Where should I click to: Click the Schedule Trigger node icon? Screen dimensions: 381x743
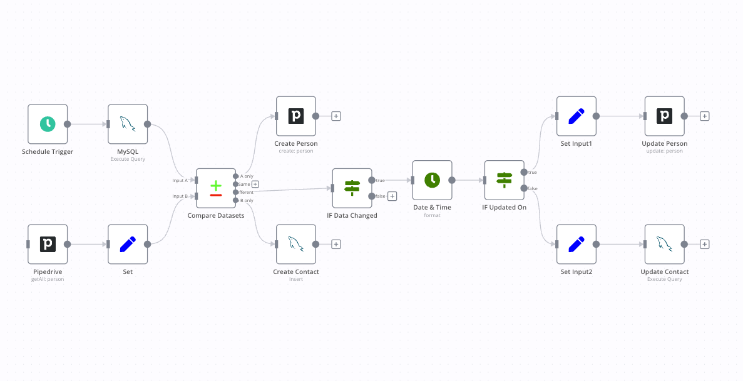coord(48,124)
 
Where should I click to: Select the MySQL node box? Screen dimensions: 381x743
coord(128,124)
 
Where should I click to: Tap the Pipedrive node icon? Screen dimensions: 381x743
coord(48,244)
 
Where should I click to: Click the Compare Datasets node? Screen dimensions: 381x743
coord(216,188)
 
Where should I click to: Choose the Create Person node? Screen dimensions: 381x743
coord(296,116)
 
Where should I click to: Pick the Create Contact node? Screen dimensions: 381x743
coord(296,244)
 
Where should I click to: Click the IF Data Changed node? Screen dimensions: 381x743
coord(352,188)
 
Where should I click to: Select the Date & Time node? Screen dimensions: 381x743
coord(432,180)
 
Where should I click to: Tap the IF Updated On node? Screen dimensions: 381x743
coord(504,180)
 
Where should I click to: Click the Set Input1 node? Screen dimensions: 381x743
coord(576,116)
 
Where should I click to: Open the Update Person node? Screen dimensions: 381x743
coord(664,116)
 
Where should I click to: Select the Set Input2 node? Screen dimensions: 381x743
coord(576,244)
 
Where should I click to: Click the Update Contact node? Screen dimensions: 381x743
coord(664,244)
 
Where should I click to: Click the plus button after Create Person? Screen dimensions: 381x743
coord(336,116)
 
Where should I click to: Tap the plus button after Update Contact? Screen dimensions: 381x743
coord(704,244)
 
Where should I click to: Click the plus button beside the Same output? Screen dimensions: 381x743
coord(255,184)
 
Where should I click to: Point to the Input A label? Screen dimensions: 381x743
coord(180,180)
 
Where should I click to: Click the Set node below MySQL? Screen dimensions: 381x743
coord(128,244)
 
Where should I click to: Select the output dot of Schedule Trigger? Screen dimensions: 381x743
coord(68,124)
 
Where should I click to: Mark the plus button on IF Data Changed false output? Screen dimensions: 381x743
coord(392,196)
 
